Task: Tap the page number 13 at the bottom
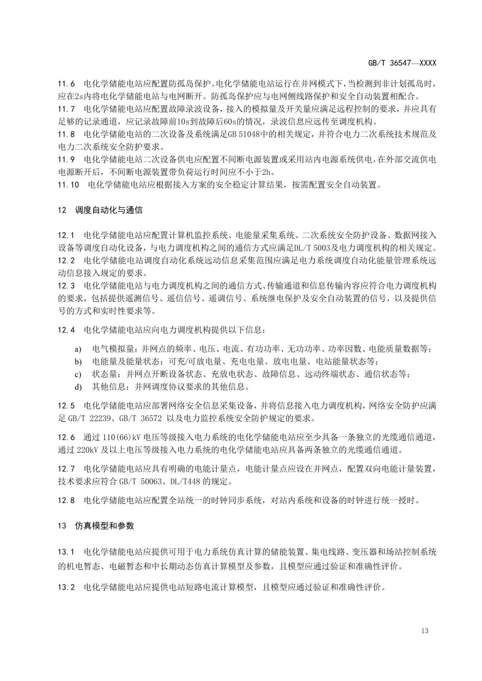[424, 630]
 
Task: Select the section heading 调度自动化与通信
[109, 210]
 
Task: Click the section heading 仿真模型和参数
[104, 525]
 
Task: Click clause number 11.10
[69, 184]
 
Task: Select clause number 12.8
[67, 500]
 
